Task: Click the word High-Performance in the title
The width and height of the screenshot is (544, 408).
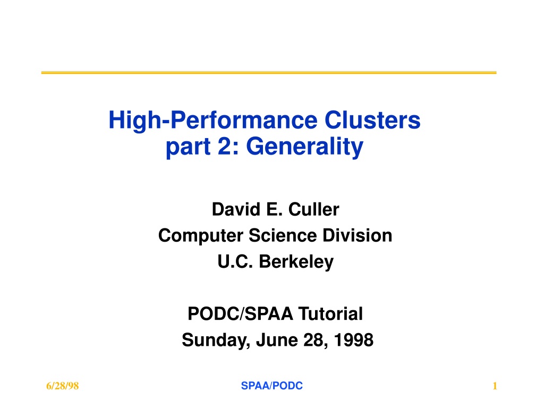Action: pyautogui.click(x=212, y=121)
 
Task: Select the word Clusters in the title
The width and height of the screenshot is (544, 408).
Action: pyautogui.click(x=372, y=120)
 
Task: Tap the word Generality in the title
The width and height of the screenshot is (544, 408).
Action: pyautogui.click(x=304, y=147)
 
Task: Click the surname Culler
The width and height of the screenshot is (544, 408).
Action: pyautogui.click(x=313, y=209)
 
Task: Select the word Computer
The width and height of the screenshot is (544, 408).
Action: pyautogui.click(x=200, y=235)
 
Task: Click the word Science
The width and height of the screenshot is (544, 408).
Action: pyautogui.click(x=283, y=235)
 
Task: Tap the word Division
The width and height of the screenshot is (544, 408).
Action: pyautogui.click(x=358, y=235)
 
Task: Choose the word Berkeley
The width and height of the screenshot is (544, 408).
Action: pyautogui.click(x=296, y=262)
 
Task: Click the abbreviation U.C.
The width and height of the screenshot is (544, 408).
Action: pyautogui.click(x=235, y=261)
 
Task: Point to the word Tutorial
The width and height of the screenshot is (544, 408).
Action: pyautogui.click(x=330, y=313)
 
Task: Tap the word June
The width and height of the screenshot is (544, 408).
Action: pyautogui.click(x=277, y=339)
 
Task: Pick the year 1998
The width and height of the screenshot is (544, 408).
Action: pyautogui.click(x=353, y=339)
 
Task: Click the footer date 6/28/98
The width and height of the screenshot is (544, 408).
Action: pyautogui.click(x=63, y=386)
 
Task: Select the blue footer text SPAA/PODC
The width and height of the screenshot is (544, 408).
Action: pyautogui.click(x=272, y=386)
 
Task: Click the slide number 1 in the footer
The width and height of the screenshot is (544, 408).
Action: pyautogui.click(x=495, y=386)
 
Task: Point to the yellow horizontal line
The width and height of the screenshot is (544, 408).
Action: pyautogui.click(x=269, y=72)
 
